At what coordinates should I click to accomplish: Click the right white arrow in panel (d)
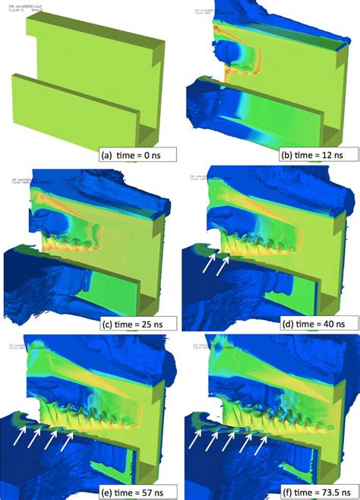pyautogui.click(x=221, y=264)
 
